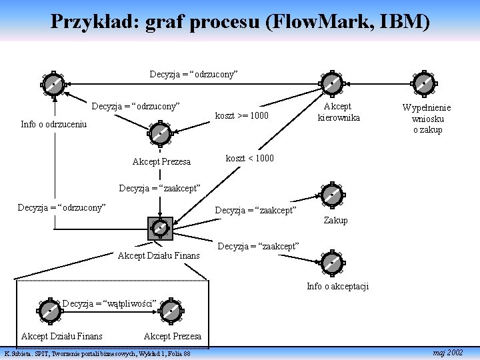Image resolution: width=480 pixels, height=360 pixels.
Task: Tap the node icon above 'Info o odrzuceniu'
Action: coord(51,85)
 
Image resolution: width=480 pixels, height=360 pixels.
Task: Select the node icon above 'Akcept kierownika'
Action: coord(331,83)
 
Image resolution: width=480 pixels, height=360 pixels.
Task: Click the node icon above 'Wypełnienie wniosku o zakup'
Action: coord(425,83)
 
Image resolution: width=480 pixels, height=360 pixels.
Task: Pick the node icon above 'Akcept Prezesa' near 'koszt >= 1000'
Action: coord(160,133)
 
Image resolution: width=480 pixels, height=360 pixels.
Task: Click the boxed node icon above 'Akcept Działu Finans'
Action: coord(160,228)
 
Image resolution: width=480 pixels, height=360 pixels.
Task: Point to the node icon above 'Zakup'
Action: coord(331,195)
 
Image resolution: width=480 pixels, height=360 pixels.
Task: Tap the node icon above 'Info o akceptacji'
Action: coord(331,263)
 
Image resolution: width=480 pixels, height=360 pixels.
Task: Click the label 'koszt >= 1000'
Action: coord(241,115)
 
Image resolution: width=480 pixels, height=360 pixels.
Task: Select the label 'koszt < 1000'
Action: coord(249,159)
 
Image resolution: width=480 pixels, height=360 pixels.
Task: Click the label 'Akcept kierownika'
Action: coord(338,112)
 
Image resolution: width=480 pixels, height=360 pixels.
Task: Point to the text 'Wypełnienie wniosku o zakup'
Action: coord(426,119)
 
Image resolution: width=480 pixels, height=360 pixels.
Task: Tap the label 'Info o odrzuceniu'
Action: coord(54,124)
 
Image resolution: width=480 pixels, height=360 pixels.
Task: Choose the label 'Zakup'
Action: coord(335,220)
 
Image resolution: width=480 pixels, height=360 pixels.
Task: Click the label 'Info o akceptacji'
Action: coord(337,287)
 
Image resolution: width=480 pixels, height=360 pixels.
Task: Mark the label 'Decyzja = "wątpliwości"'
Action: coord(109,304)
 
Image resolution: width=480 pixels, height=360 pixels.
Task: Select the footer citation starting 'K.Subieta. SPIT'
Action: coord(97,353)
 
